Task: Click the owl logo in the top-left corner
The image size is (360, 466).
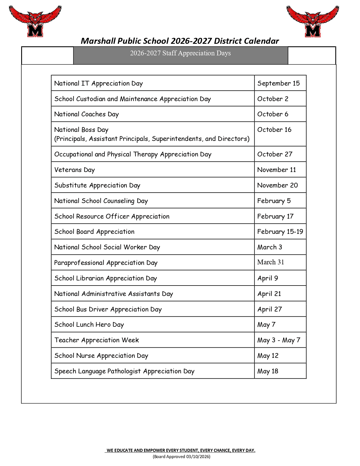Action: pyautogui.click(x=35, y=21)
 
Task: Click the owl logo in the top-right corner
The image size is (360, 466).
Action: pyautogui.click(x=313, y=21)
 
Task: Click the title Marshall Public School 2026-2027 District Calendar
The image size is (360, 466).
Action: pyautogui.click(x=180, y=41)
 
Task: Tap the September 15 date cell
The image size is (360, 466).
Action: pyautogui.click(x=278, y=83)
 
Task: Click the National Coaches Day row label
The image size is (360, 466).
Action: pyautogui.click(x=86, y=114)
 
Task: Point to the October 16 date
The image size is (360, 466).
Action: pyautogui.click(x=274, y=130)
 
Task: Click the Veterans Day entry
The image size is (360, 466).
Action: pyautogui.click(x=75, y=170)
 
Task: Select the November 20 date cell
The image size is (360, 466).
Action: pyautogui.click(x=278, y=185)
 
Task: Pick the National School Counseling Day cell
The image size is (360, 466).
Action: pyautogui.click(x=101, y=201)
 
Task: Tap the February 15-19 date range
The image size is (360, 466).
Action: pyautogui.click(x=280, y=232)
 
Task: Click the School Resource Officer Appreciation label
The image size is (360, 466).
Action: pyautogui.click(x=112, y=216)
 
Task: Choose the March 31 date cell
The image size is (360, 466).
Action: pyautogui.click(x=270, y=262)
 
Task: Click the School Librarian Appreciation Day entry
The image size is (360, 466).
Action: pyautogui.click(x=106, y=278)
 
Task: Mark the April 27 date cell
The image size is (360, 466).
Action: pyautogui.click(x=270, y=309)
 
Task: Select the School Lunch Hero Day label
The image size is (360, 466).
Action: pyautogui.click(x=89, y=325)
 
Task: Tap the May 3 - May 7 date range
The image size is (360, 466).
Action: pyautogui.click(x=279, y=340)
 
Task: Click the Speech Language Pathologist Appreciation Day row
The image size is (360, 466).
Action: pyautogui.click(x=124, y=371)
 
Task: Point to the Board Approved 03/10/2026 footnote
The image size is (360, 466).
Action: pyautogui.click(x=182, y=456)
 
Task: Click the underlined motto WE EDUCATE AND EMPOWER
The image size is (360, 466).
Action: pyautogui.click(x=181, y=450)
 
